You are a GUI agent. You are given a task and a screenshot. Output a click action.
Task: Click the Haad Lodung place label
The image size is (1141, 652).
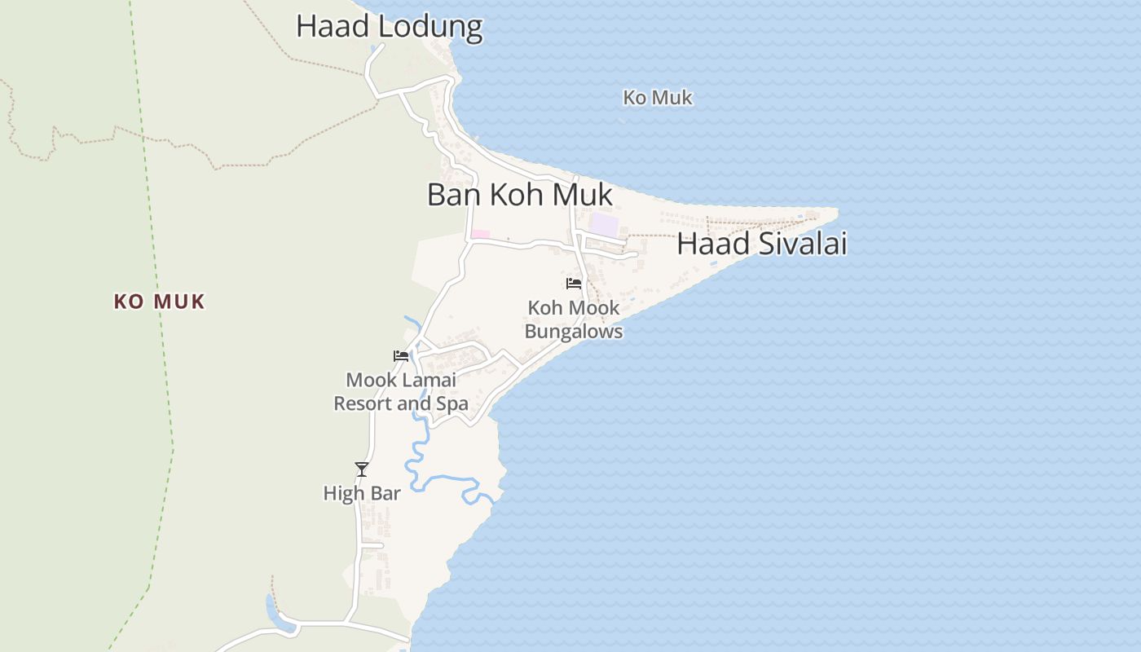click(x=389, y=26)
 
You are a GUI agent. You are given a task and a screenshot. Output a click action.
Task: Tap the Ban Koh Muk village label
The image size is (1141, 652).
click(x=519, y=196)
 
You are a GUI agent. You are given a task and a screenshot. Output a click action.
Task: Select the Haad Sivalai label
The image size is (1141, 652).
click(x=762, y=244)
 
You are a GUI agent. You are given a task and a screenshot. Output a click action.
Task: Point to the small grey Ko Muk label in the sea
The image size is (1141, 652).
click(x=657, y=98)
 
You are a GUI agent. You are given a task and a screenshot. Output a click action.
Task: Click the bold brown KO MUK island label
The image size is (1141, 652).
click(x=159, y=302)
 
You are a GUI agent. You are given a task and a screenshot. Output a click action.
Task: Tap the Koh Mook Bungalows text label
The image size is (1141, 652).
click(x=574, y=319)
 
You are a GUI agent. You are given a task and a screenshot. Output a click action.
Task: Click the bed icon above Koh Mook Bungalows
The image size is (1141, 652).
click(x=574, y=284)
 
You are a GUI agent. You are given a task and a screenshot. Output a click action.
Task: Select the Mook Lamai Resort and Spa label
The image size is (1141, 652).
click(x=401, y=391)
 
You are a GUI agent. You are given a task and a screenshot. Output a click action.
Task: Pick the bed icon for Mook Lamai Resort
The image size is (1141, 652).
click(x=401, y=355)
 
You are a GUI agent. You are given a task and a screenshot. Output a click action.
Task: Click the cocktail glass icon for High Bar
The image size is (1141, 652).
click(x=362, y=469)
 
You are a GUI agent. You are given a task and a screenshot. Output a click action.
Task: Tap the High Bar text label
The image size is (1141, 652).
click(x=362, y=493)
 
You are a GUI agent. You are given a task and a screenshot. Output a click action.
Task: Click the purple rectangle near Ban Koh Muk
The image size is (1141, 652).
click(x=604, y=224)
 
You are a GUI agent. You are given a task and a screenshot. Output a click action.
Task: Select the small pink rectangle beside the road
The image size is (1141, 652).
click(x=481, y=235)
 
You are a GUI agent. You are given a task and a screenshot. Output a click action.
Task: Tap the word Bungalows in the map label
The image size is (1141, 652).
click(x=574, y=332)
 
